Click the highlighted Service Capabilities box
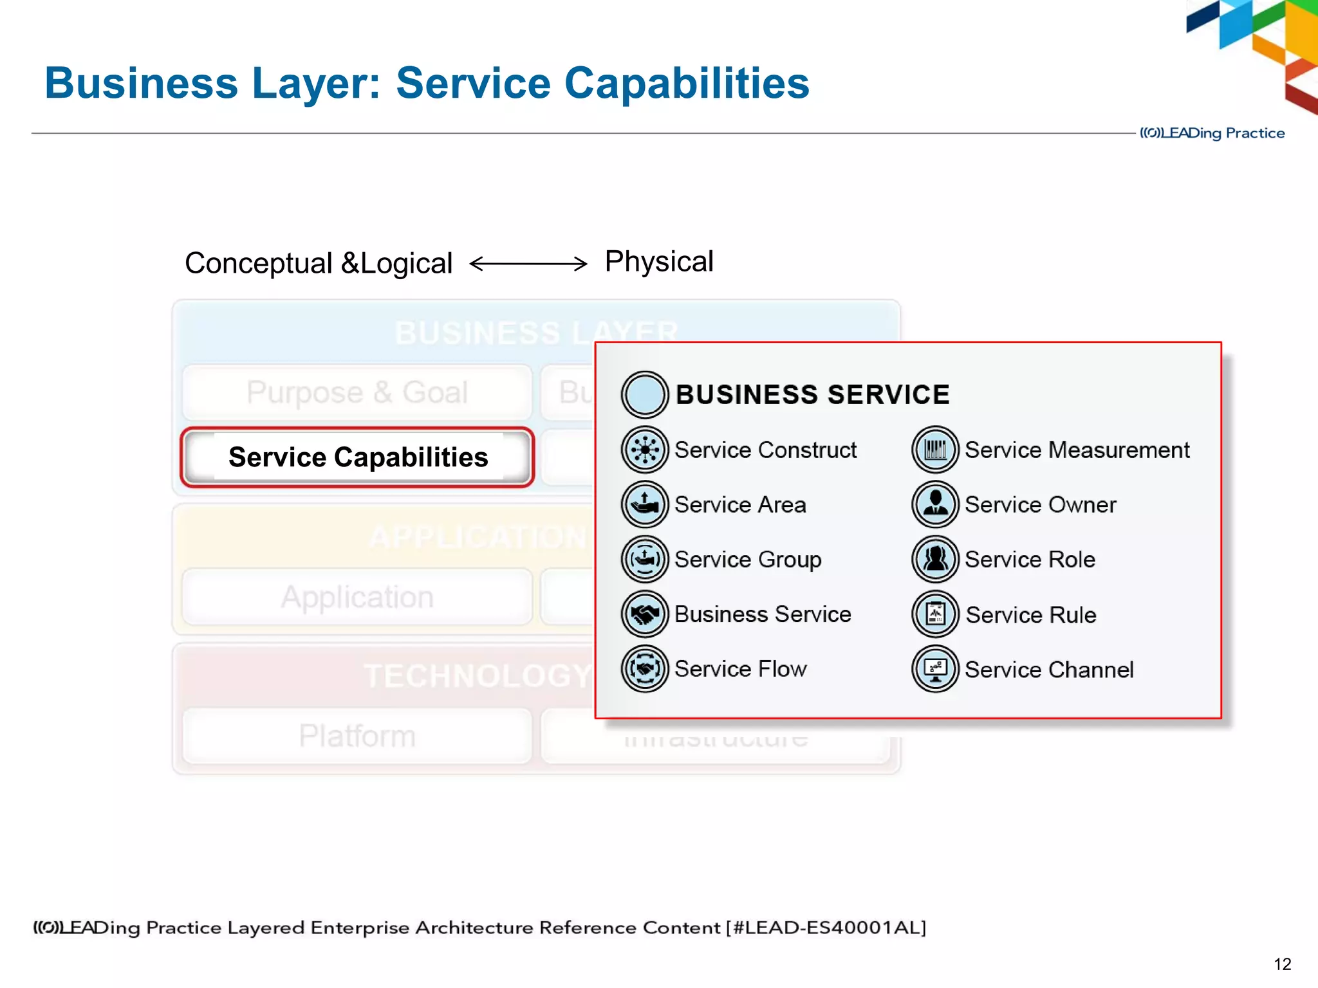(x=358, y=457)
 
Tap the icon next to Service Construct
(x=645, y=450)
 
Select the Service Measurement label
(x=1077, y=450)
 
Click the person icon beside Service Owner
(x=935, y=504)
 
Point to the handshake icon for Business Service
(x=645, y=614)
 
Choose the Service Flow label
(x=740, y=669)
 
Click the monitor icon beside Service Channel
(x=935, y=669)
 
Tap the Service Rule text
(x=1031, y=615)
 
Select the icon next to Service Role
(x=935, y=559)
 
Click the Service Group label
(x=748, y=560)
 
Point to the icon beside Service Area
(x=645, y=504)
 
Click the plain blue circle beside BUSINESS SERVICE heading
(x=645, y=394)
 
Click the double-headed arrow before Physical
(x=528, y=264)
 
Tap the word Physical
(x=659, y=262)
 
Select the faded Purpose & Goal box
(x=357, y=392)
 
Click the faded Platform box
(x=357, y=736)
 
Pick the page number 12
(x=1282, y=964)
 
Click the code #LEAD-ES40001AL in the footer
(x=826, y=928)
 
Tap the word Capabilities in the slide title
(x=687, y=84)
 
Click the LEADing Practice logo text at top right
(x=1212, y=133)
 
